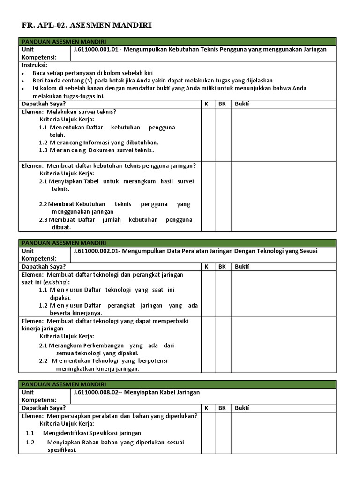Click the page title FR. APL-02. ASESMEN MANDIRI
click(x=87, y=25)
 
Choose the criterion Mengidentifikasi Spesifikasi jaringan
click(x=93, y=433)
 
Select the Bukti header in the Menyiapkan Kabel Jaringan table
click(x=242, y=408)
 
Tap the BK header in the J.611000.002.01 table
click(x=222, y=266)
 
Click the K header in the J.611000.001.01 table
click(x=206, y=104)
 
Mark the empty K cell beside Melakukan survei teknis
click(x=208, y=135)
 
